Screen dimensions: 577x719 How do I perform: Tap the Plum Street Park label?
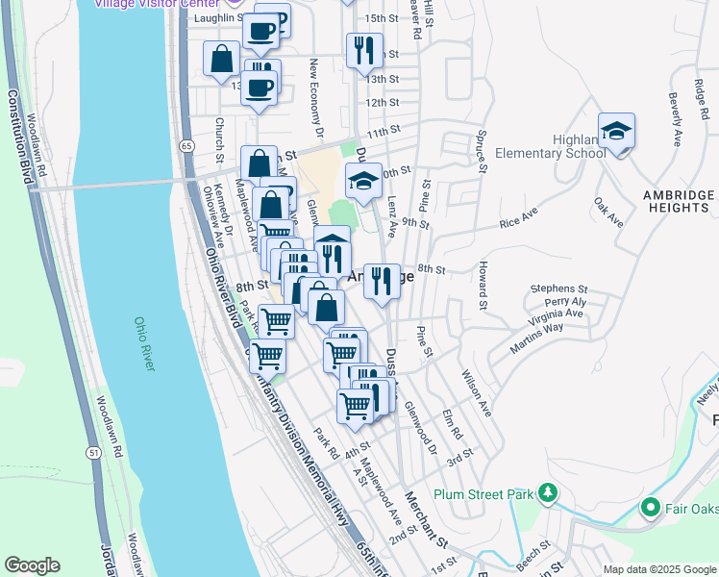[x=483, y=494]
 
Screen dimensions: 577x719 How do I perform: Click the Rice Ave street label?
[x=521, y=223]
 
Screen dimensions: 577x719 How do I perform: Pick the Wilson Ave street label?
[x=477, y=394]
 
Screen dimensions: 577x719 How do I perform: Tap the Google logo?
[x=32, y=565]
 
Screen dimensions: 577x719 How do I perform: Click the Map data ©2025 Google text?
[x=658, y=569]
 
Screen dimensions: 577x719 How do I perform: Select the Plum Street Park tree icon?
[x=548, y=494]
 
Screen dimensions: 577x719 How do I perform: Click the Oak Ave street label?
[x=608, y=213]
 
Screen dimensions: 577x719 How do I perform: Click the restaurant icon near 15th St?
[x=364, y=50]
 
